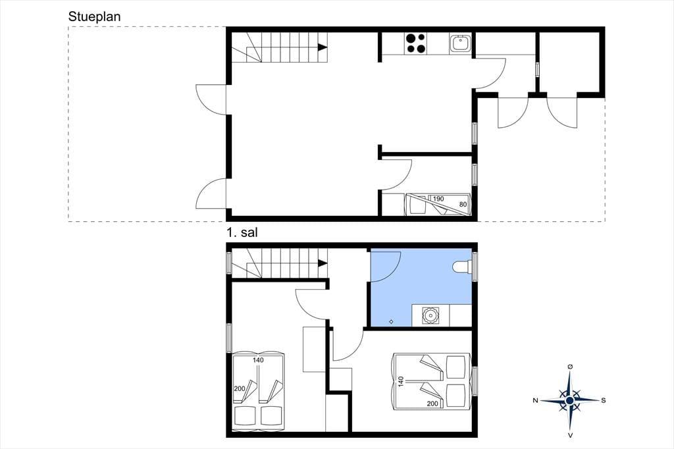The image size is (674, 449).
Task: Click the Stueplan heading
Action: [x=95, y=16]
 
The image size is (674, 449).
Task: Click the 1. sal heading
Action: [x=242, y=232]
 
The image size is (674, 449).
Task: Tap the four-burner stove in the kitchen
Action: [x=416, y=43]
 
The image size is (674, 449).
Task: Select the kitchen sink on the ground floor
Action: [x=460, y=43]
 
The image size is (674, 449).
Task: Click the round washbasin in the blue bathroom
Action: [x=430, y=315]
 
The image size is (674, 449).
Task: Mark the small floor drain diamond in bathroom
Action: [x=391, y=321]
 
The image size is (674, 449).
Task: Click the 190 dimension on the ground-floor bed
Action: [x=438, y=199]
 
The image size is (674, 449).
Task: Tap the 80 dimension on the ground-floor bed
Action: [x=463, y=204]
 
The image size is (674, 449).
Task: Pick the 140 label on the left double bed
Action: [x=258, y=360]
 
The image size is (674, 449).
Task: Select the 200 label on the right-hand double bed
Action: [x=432, y=404]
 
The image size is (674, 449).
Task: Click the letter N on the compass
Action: [x=535, y=400]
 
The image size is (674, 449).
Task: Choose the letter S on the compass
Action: [x=604, y=400]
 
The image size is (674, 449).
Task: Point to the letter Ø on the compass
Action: [x=570, y=367]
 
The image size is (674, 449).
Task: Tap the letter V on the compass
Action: [x=570, y=435]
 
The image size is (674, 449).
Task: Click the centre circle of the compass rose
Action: [x=570, y=400]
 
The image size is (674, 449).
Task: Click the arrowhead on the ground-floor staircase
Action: [x=323, y=48]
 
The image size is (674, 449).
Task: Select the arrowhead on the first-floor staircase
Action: [x=323, y=263]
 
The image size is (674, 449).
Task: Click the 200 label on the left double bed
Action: [x=240, y=388]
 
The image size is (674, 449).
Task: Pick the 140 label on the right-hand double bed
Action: [x=401, y=381]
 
